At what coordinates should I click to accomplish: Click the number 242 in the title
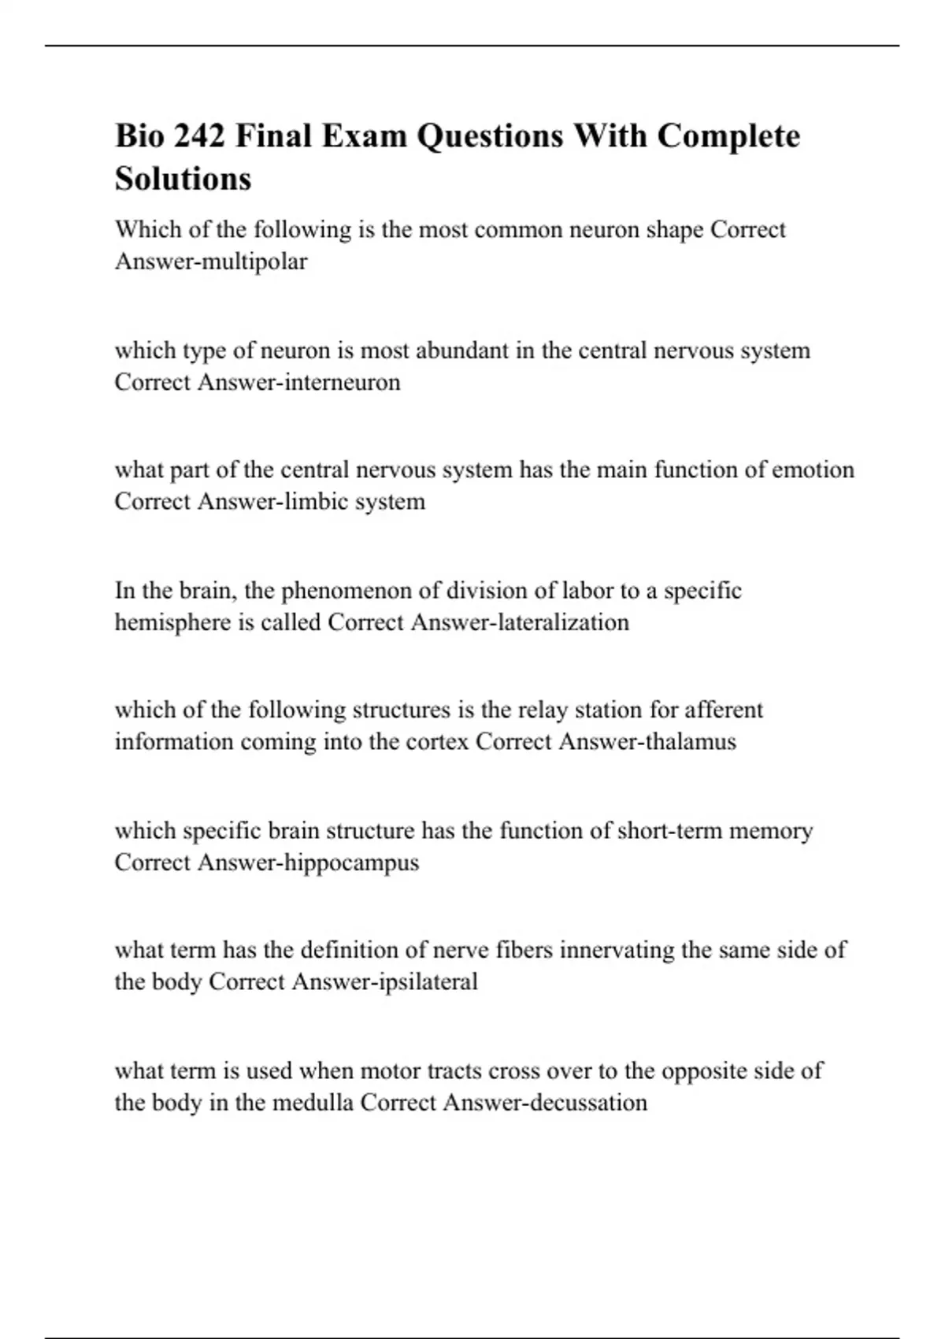pos(198,136)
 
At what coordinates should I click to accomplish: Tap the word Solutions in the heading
pos(183,179)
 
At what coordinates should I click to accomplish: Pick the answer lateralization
pos(563,622)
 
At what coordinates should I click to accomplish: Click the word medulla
pos(313,1103)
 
